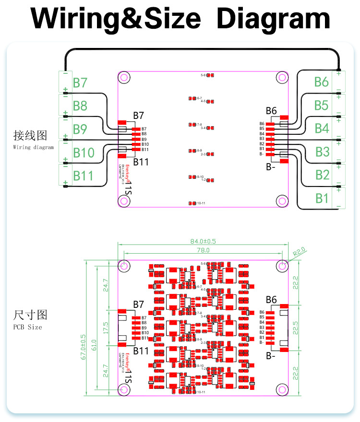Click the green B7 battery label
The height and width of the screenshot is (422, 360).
point(80,82)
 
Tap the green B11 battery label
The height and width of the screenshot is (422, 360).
point(83,176)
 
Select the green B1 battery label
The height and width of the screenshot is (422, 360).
point(322,198)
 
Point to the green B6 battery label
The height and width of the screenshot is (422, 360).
point(321,82)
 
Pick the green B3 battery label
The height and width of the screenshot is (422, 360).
point(323,152)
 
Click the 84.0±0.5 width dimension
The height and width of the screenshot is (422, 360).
point(203,241)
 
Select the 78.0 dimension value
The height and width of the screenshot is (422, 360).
point(203,250)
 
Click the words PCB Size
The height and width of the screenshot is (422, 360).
point(27,327)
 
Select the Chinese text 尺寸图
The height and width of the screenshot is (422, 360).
point(30,315)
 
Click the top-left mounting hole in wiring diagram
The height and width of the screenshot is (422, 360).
point(124,77)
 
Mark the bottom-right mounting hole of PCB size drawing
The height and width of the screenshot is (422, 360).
point(282,388)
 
